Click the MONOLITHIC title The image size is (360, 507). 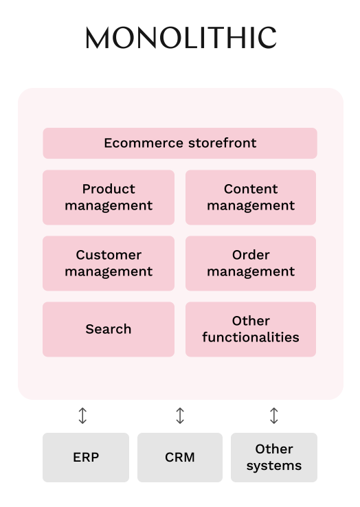pyautogui.click(x=181, y=38)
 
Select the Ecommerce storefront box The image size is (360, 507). pyautogui.click(x=180, y=144)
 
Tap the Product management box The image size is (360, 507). pyautogui.click(x=109, y=197)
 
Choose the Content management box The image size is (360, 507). pyautogui.click(x=251, y=197)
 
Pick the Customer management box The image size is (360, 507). pyautogui.click(x=109, y=263)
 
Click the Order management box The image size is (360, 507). pyautogui.click(x=251, y=263)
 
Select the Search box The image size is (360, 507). pyautogui.click(x=109, y=329)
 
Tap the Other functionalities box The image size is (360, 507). pyautogui.click(x=251, y=329)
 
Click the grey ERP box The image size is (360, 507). pyautogui.click(x=86, y=458)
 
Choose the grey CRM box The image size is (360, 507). pyautogui.click(x=180, y=458)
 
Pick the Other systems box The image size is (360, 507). pyautogui.click(x=274, y=458)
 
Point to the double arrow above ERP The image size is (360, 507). pyautogui.click(x=82, y=416)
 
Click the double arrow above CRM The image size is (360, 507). pyautogui.click(x=180, y=416)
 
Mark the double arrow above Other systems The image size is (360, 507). pyautogui.click(x=274, y=416)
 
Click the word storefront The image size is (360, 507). pyautogui.click(x=222, y=143)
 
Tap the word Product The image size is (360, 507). pyautogui.click(x=109, y=189)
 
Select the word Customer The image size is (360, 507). pyautogui.click(x=109, y=255)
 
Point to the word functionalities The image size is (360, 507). pyautogui.click(x=251, y=337)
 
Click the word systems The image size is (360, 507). pyautogui.click(x=274, y=466)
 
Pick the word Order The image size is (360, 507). pyautogui.click(x=251, y=255)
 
